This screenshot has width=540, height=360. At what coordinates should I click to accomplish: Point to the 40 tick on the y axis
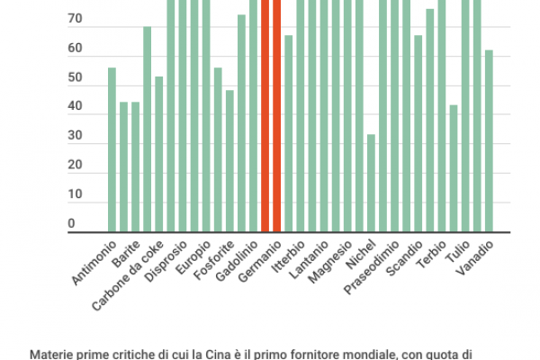75,106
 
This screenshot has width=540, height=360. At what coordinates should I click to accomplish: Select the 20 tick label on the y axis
75,165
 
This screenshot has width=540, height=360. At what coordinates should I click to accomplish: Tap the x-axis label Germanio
262,262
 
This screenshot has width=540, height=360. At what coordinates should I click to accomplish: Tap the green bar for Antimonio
112,149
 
